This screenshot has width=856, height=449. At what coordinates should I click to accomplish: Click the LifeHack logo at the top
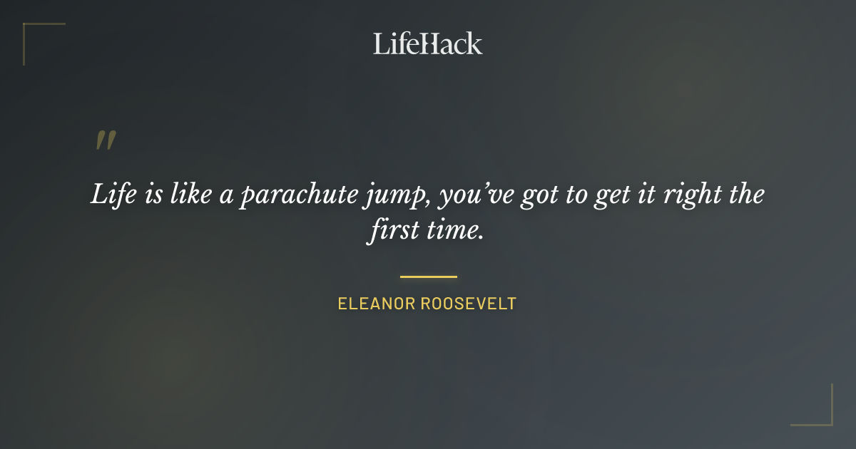tap(427, 43)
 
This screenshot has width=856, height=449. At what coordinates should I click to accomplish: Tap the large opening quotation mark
tap(105, 140)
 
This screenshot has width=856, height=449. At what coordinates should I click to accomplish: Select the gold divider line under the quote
tap(428, 277)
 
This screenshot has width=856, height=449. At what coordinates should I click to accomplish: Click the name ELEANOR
tap(375, 304)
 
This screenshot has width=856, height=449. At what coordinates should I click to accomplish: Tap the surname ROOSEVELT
tap(469, 304)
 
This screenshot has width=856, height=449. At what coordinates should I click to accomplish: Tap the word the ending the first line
tap(746, 195)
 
